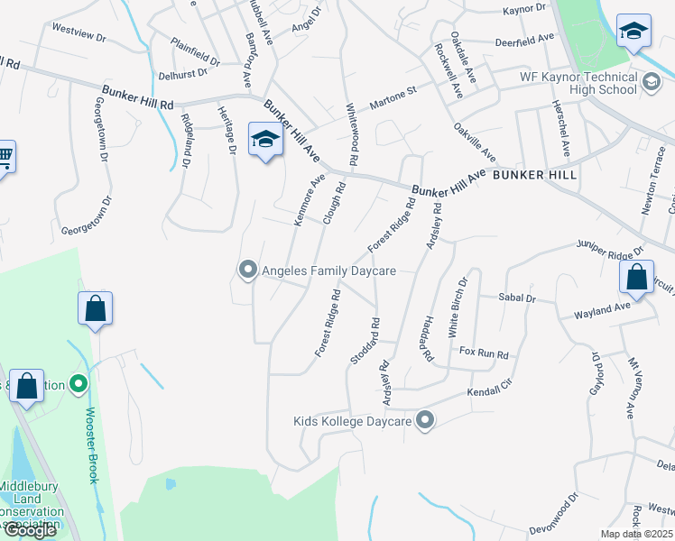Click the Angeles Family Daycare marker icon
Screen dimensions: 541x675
pos(247,270)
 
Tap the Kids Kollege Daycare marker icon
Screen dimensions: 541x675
pos(426,421)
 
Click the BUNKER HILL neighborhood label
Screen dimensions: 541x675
pos(535,174)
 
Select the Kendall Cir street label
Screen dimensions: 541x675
pos(489,393)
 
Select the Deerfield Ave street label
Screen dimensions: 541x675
pos(524,41)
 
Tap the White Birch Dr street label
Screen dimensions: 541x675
pos(458,306)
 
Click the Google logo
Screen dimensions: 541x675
pos(29,530)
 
